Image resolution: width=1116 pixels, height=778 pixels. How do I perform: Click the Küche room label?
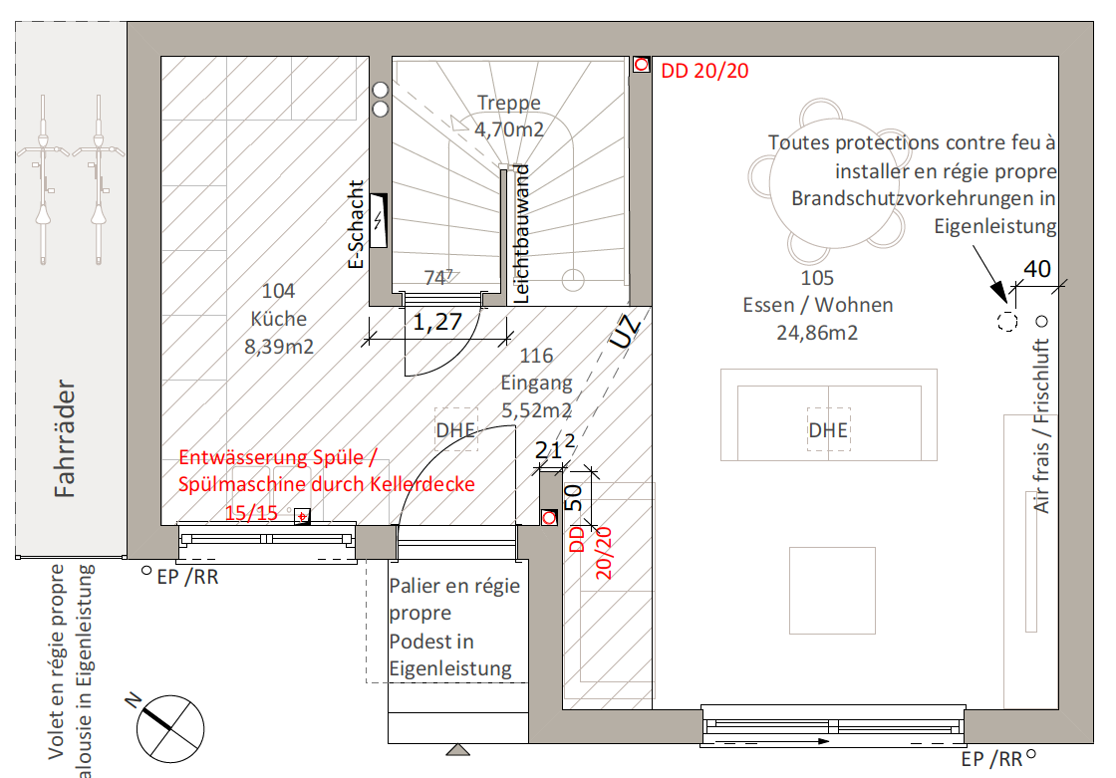coord(278,318)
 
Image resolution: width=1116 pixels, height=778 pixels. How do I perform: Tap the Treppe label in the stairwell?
coord(508,103)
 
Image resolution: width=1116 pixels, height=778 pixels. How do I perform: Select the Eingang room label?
coord(536,383)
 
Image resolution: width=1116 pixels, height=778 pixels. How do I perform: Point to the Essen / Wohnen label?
coord(817,305)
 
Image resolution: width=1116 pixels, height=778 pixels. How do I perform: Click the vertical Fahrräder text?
coord(65,437)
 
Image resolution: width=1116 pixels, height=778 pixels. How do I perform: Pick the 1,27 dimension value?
coord(437,322)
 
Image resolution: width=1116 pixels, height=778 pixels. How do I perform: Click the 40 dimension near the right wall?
coord(1037,269)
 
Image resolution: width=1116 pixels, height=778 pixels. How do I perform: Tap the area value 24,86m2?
coord(817,333)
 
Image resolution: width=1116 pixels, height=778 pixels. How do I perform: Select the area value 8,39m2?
coord(278,346)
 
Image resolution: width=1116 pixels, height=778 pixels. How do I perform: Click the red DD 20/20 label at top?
coord(704,71)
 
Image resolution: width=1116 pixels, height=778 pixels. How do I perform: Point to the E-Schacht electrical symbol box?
coord(379,221)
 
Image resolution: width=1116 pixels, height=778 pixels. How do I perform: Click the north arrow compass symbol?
coord(169,728)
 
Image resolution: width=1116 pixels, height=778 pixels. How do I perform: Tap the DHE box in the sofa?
coord(828,430)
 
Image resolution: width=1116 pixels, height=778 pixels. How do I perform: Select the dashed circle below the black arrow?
coord(1007,321)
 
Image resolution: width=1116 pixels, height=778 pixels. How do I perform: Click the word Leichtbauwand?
coord(522,233)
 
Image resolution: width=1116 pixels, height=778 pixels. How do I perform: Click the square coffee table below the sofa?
coord(832,590)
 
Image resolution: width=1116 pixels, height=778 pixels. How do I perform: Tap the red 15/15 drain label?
coord(251,512)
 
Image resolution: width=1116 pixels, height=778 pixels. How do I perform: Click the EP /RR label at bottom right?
coord(991,759)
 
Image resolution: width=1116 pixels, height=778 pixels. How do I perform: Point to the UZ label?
coord(626,332)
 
